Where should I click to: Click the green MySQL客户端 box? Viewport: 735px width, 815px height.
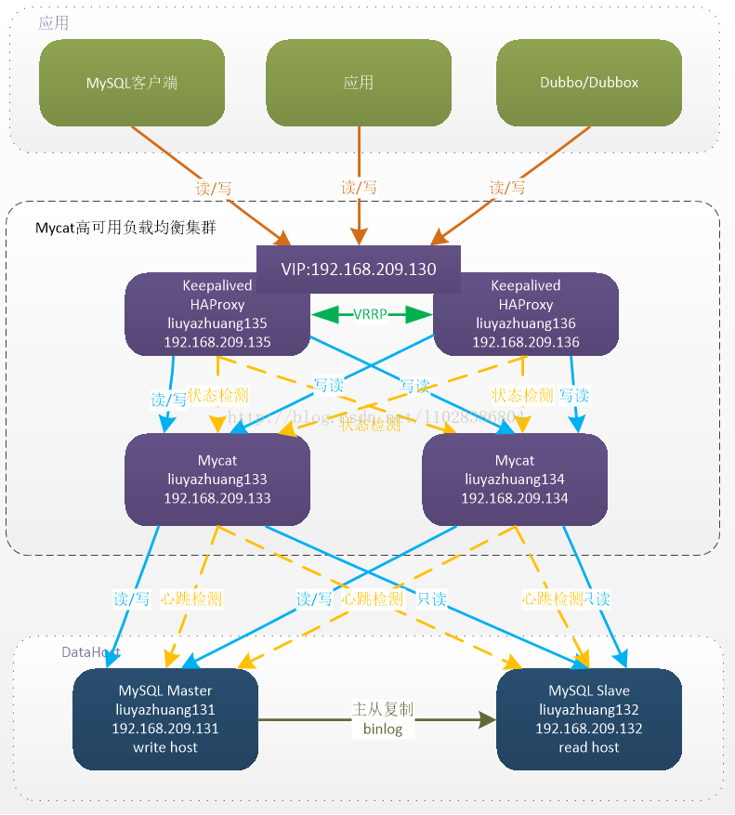point(131,83)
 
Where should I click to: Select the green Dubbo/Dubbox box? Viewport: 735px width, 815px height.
point(589,83)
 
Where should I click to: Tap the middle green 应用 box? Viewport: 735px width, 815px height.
point(358,83)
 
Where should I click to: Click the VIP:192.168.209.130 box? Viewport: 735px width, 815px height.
point(358,269)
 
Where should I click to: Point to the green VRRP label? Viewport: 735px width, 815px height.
point(371,316)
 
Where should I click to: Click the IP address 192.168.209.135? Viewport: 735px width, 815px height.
point(217,342)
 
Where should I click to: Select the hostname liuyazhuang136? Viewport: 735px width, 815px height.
point(526,323)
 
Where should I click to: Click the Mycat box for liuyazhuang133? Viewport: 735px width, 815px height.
point(217,480)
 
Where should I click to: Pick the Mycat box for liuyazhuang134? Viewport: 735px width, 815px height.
point(515,480)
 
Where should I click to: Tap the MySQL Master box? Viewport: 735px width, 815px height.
point(165,718)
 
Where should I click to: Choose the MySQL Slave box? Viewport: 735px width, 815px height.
point(589,718)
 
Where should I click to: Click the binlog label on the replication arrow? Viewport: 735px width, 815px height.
point(383,730)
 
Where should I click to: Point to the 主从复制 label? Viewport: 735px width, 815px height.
point(383,709)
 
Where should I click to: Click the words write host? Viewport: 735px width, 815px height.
point(165,747)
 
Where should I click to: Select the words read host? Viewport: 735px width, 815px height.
point(589,747)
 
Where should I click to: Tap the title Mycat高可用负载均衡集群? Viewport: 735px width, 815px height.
point(126,227)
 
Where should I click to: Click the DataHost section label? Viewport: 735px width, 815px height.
point(91,652)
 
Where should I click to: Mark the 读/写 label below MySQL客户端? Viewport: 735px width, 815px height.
point(214,188)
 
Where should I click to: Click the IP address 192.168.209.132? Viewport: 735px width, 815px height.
point(589,729)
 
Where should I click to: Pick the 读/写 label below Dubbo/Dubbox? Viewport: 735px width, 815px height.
point(507,188)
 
